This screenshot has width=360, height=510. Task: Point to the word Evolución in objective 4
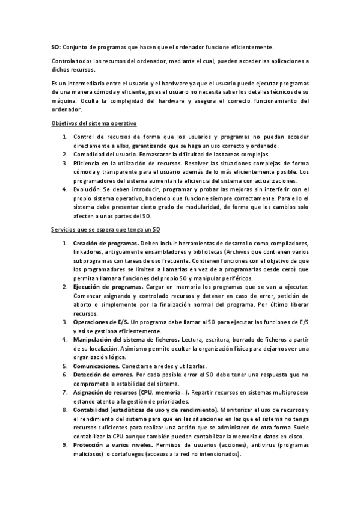pyautogui.click(x=88, y=188)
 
